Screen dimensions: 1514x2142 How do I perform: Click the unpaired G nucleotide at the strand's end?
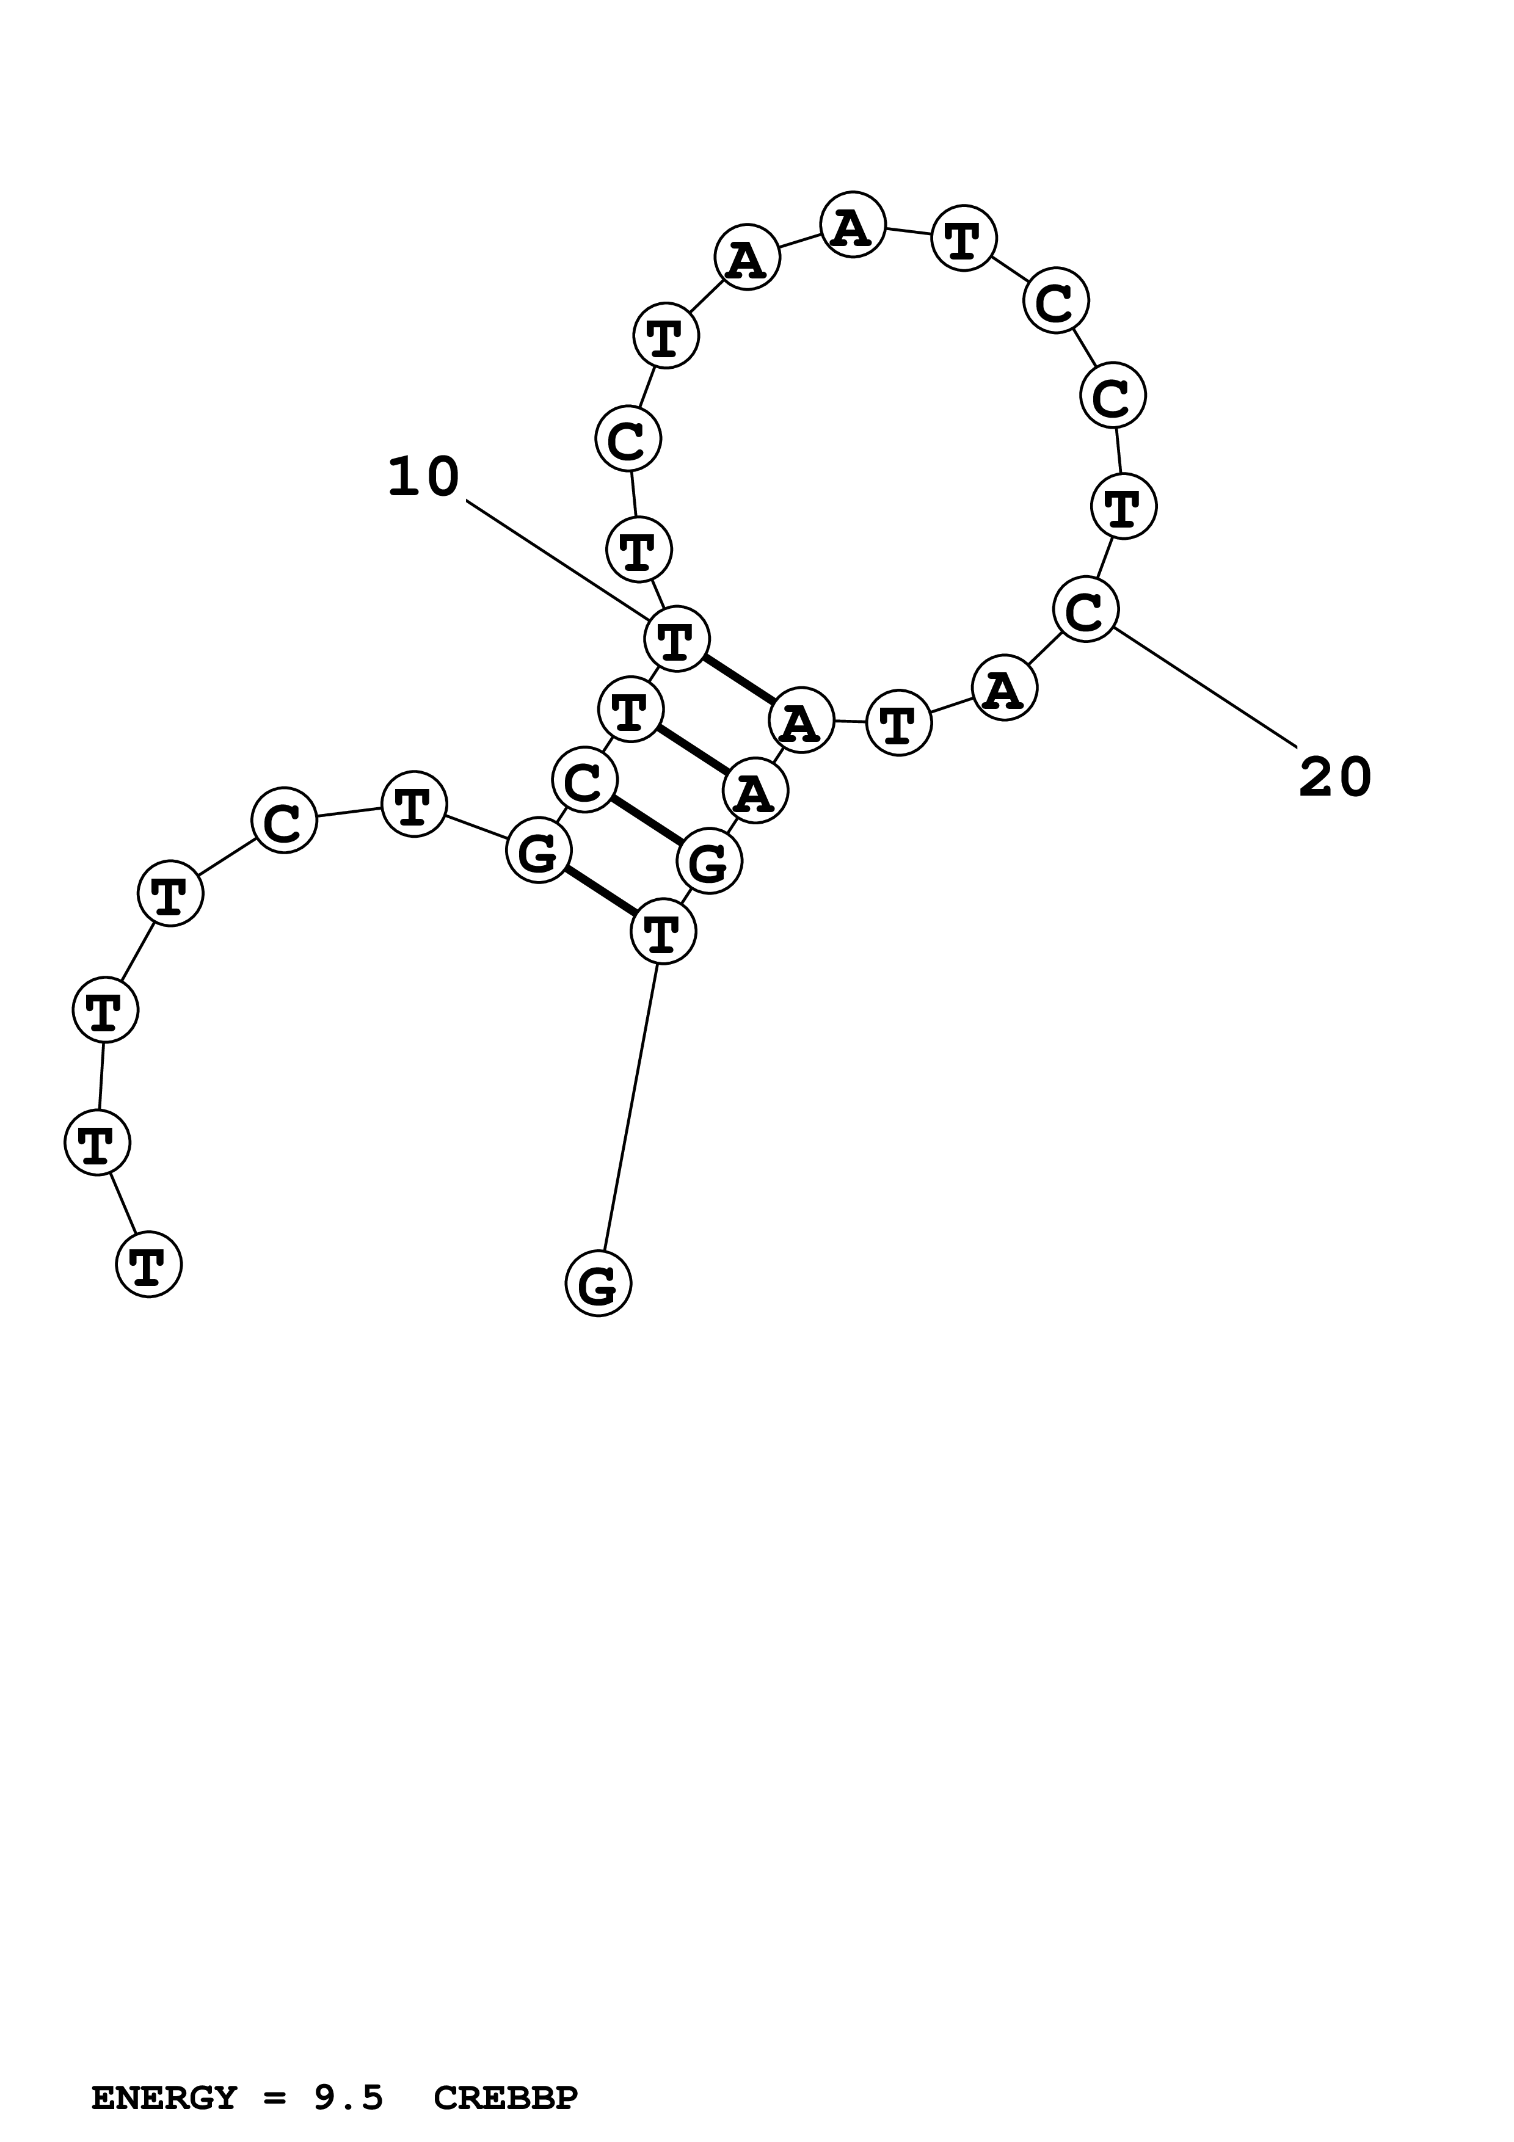click(598, 1283)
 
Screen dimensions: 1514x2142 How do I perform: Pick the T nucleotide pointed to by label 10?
click(676, 639)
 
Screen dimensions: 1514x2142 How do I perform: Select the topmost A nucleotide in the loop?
click(853, 225)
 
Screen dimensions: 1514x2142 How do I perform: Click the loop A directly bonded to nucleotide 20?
click(1004, 689)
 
